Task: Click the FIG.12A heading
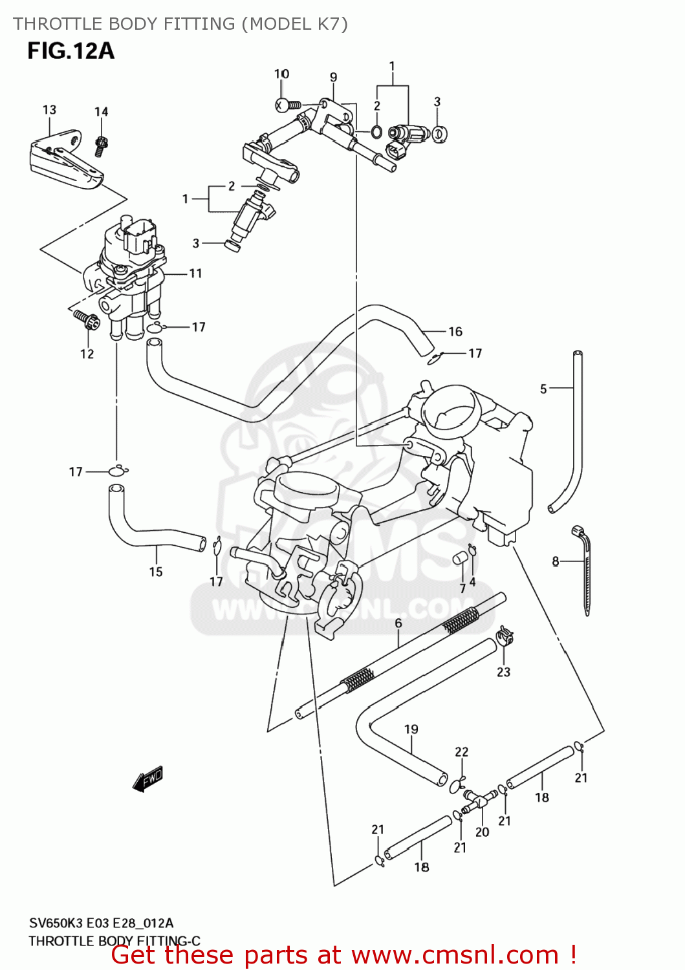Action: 71,50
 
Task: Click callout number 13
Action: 49,110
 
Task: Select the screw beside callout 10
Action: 287,104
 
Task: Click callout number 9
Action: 333,77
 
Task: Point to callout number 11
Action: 195,274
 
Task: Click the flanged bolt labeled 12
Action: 87,319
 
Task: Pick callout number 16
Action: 455,332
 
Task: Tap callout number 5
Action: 543,389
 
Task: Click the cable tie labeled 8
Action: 585,569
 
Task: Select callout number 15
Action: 156,572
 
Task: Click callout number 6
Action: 398,623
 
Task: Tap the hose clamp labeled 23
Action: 505,637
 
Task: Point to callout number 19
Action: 411,729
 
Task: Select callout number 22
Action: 461,751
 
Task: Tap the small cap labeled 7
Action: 460,558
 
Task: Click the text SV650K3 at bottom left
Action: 56,923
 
